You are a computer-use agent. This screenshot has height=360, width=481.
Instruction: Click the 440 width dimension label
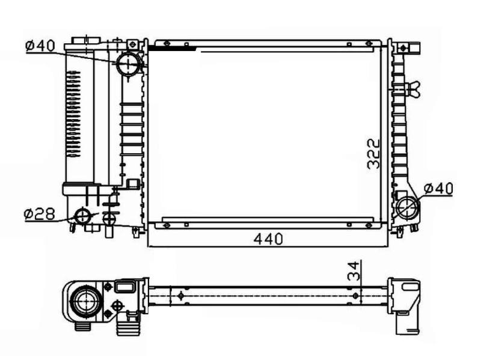[268, 239]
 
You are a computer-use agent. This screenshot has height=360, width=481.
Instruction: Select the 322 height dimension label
[373, 154]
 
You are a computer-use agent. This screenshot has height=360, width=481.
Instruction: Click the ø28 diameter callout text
[40, 213]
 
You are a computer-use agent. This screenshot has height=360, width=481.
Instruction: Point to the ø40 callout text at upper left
[40, 46]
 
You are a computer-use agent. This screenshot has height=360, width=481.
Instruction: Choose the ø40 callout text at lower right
[438, 188]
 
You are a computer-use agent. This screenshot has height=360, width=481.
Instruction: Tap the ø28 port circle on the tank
[82, 216]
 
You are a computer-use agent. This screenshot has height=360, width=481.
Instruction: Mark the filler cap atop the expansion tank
[85, 41]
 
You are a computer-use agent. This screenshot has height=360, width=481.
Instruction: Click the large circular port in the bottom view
[84, 301]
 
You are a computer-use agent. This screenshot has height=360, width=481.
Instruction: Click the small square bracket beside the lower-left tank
[133, 184]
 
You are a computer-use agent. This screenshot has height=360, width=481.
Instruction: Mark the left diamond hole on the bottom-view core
[181, 295]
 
